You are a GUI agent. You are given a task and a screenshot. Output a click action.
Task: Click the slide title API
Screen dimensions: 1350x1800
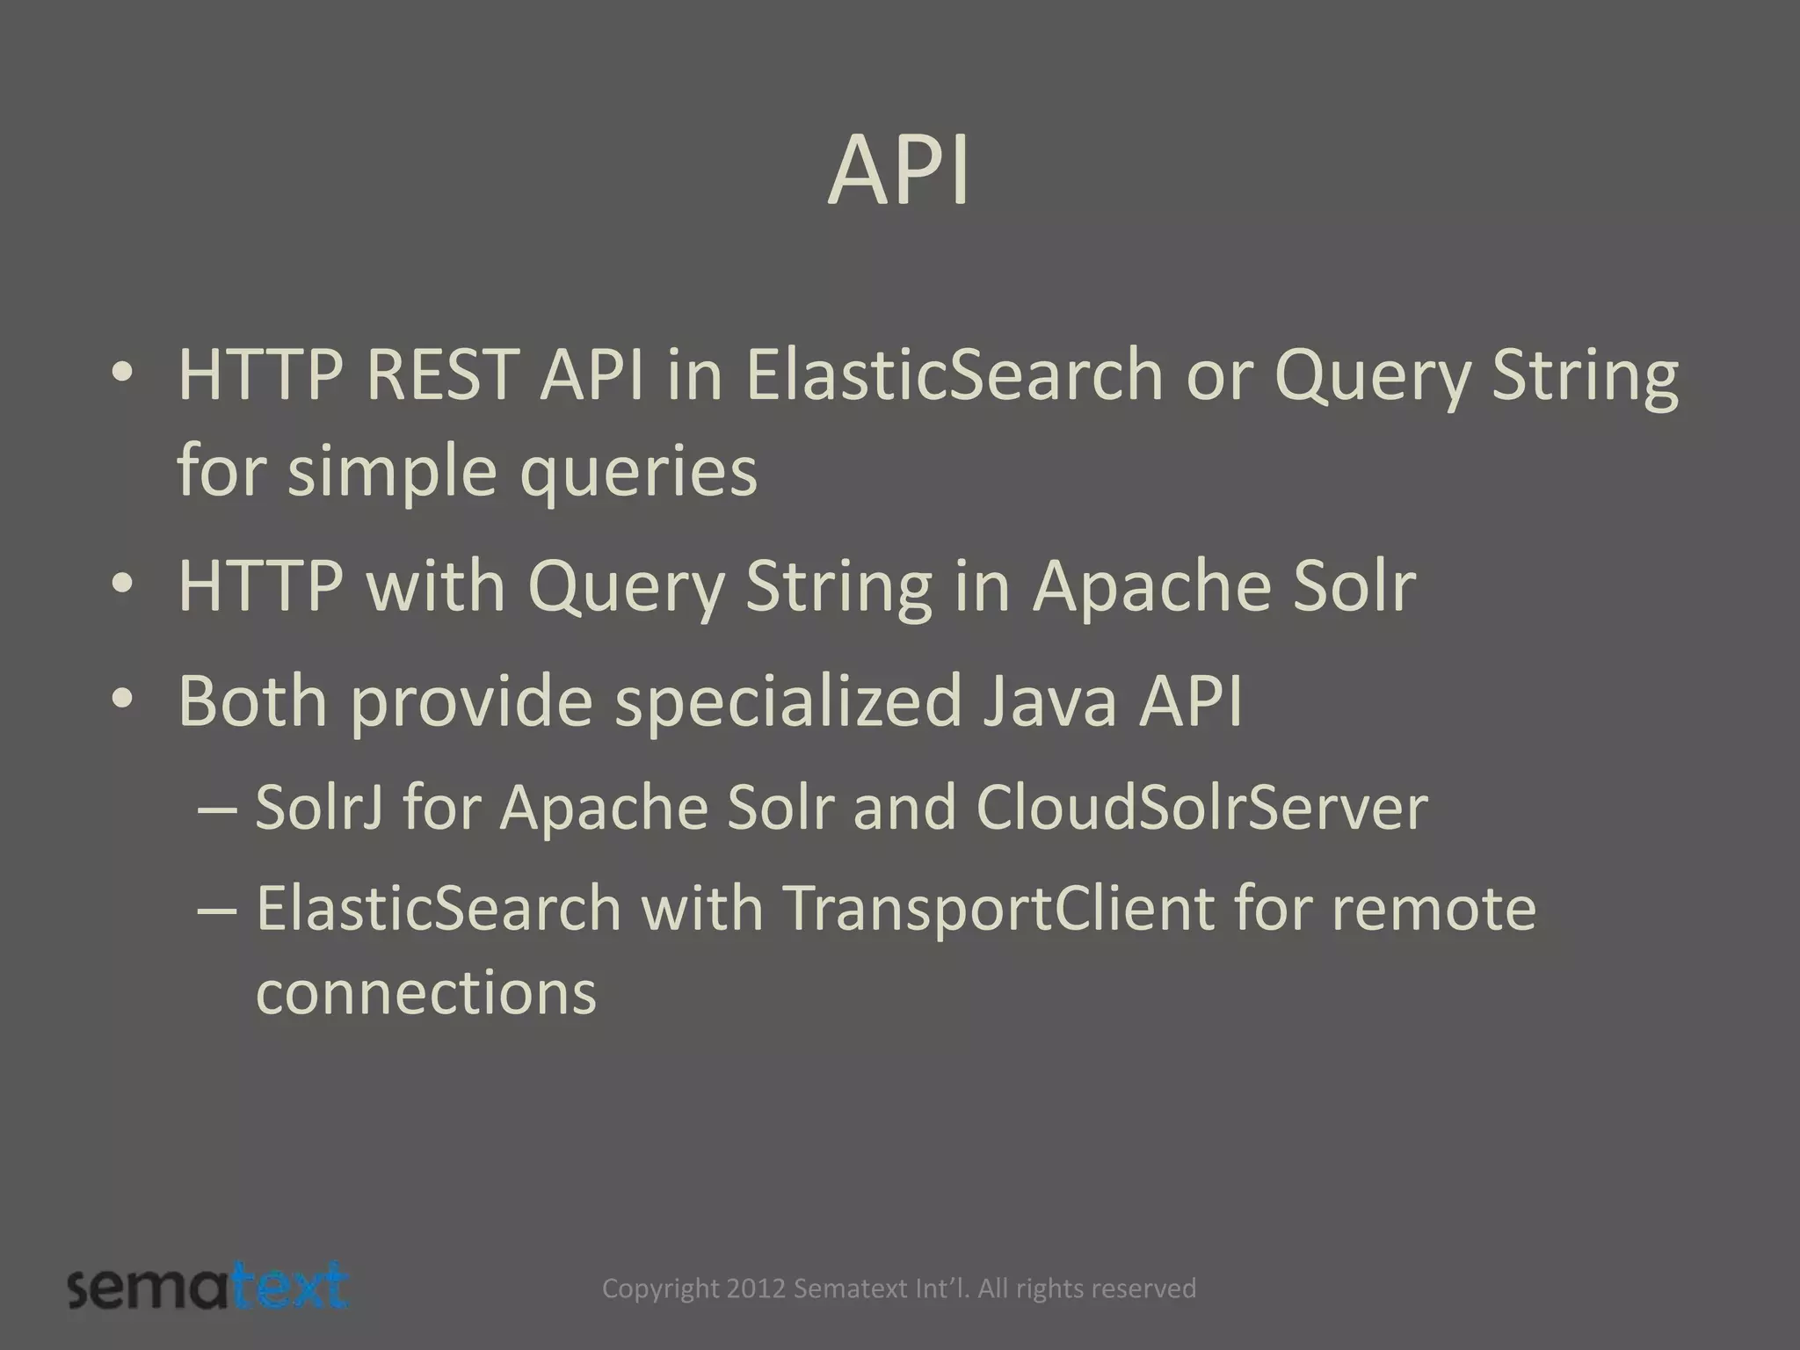[899, 172]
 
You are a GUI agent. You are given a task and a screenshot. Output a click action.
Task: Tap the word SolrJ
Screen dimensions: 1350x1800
[318, 807]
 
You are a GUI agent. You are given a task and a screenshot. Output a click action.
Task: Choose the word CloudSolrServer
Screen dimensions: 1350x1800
[1201, 807]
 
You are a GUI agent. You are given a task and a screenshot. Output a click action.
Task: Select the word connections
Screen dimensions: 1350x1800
[425, 993]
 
